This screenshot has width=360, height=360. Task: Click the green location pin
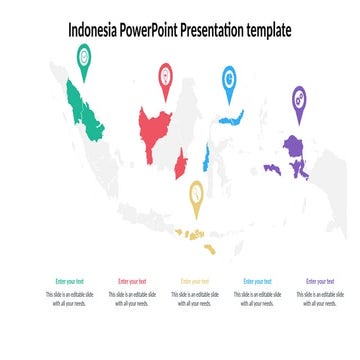pos(84,59)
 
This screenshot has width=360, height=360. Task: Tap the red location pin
pos(165,77)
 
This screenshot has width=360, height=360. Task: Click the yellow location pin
pos(196,194)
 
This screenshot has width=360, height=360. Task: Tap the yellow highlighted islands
pos(196,238)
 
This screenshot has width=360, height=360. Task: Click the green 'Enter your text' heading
pos(70,282)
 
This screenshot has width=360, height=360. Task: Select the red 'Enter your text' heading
pos(132,282)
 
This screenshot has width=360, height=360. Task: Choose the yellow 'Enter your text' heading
pos(194,282)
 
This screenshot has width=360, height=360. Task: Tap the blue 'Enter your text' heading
pos(257,282)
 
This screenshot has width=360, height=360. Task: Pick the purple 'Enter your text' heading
pos(319,282)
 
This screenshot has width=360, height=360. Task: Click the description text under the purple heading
pos(319,299)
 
